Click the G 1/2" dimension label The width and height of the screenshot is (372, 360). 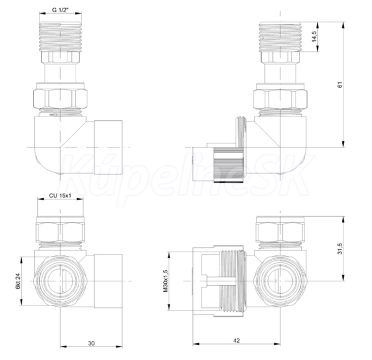[60, 10]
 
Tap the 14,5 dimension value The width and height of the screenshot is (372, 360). [314, 37]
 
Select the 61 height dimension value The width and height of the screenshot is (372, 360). [340, 85]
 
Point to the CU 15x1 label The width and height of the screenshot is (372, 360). [60, 196]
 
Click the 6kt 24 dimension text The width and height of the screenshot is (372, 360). [18, 281]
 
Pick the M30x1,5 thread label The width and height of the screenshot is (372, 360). [166, 281]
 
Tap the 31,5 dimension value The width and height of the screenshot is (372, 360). [340, 248]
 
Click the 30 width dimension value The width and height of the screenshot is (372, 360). [91, 343]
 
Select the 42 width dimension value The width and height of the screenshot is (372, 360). [236, 340]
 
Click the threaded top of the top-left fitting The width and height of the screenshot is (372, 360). [60, 37]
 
